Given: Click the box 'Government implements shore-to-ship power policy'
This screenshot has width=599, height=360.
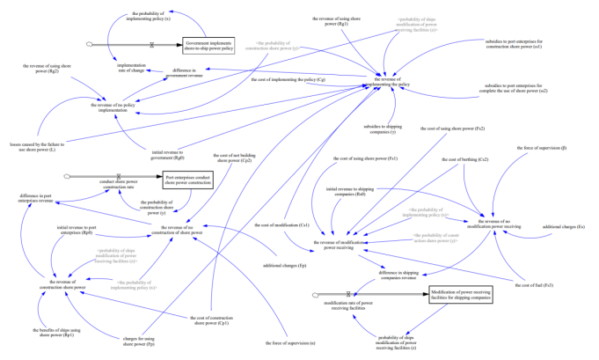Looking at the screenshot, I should (x=208, y=47).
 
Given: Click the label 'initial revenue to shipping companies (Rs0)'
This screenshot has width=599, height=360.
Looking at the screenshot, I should (x=352, y=191).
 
